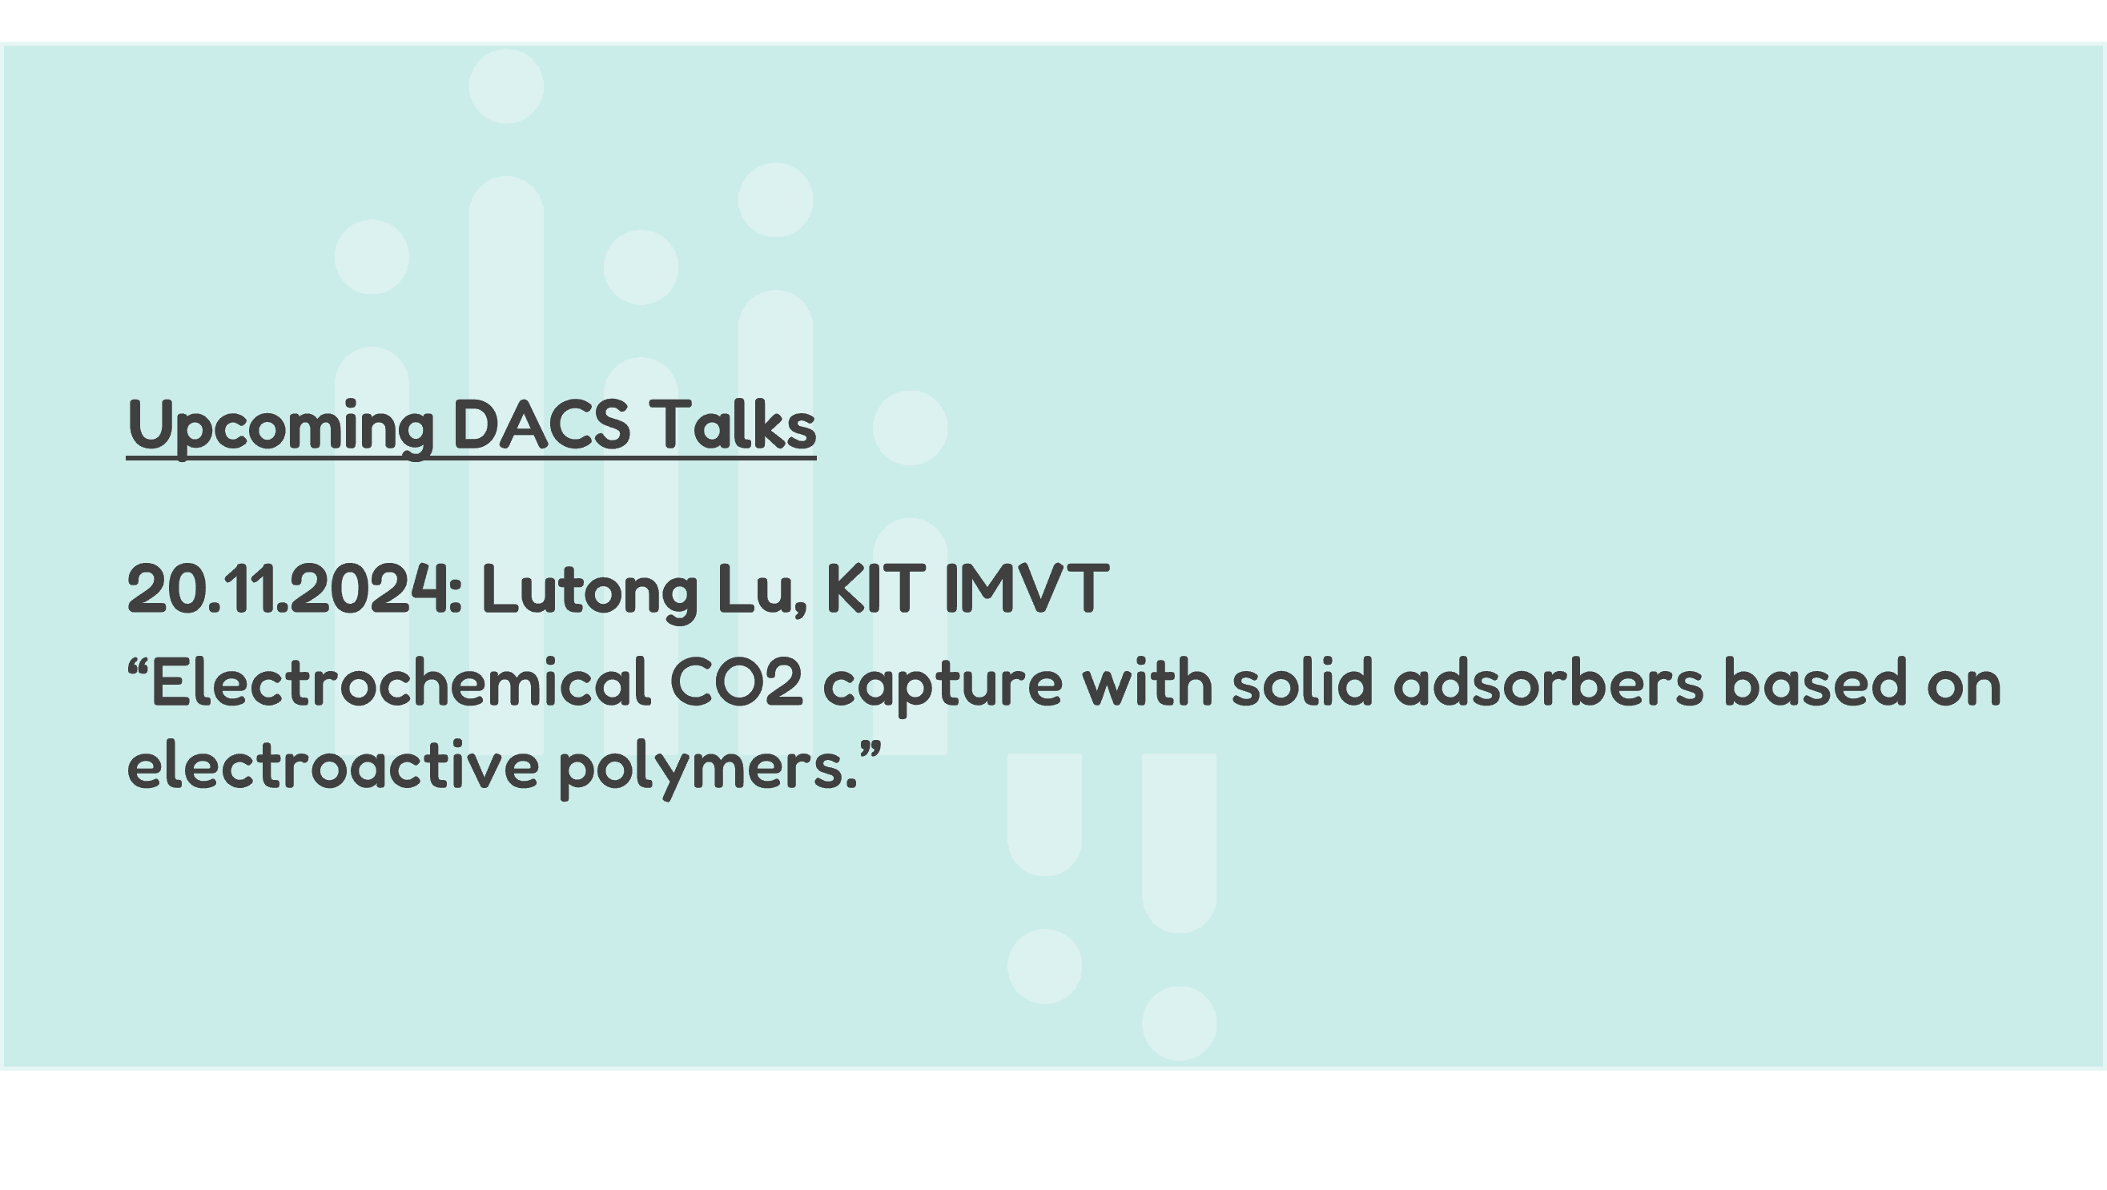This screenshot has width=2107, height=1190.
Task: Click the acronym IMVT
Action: pyautogui.click(x=1027, y=589)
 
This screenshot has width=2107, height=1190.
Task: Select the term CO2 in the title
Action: pyautogui.click(x=736, y=682)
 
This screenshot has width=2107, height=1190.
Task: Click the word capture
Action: pyautogui.click(x=943, y=686)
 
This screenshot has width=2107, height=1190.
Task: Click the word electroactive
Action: pyautogui.click(x=333, y=765)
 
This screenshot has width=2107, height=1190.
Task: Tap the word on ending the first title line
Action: pyautogui.click(x=1964, y=688)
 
